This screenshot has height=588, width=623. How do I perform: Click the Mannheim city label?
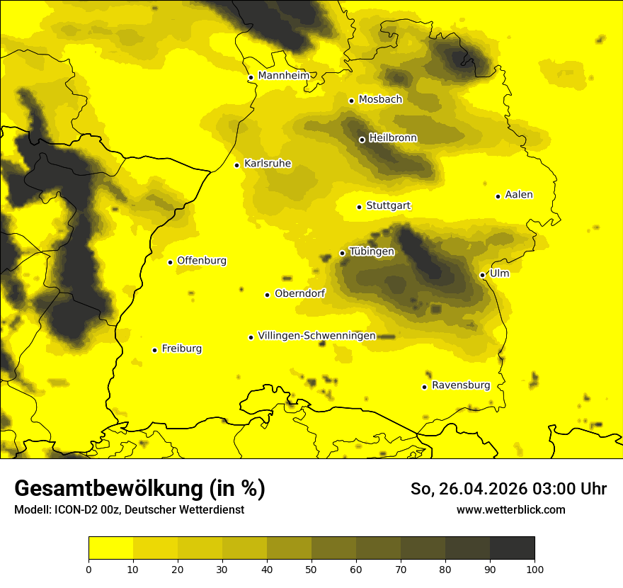point(284,76)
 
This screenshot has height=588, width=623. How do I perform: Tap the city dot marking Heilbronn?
point(362,140)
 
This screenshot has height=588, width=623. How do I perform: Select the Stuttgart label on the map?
point(388,206)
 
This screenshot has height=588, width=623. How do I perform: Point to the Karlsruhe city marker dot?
point(236,165)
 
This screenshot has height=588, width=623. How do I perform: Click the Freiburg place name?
point(181,349)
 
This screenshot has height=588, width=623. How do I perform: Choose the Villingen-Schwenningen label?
point(316,336)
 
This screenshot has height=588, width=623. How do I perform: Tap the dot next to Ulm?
point(482,275)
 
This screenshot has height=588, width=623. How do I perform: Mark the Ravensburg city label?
point(460,385)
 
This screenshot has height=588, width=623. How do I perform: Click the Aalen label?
point(518,195)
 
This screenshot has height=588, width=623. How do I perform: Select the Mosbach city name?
point(379,100)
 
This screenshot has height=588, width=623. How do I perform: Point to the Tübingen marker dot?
point(342,253)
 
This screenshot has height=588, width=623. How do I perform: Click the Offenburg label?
point(201,261)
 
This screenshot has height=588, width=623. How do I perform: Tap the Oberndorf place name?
point(299,293)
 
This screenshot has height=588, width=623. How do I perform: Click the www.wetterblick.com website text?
point(510,509)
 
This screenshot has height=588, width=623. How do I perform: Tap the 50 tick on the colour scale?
point(311,569)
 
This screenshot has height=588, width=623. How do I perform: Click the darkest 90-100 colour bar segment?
point(512,548)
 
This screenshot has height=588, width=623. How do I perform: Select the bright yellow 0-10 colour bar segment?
point(110,548)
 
